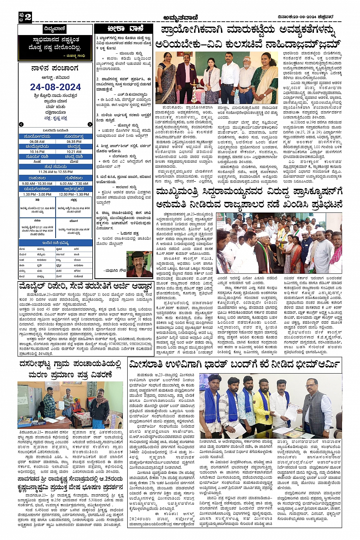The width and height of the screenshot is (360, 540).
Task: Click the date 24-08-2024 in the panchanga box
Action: [x=55, y=87]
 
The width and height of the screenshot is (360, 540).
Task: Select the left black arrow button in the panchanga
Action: [x=21, y=125]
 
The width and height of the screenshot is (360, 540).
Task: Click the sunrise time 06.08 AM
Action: [x=37, y=141]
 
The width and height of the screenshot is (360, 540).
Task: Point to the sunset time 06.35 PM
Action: [x=74, y=141]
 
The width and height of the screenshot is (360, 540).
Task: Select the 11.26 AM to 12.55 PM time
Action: [x=55, y=172]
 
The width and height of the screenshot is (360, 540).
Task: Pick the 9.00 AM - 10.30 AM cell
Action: [x=37, y=184]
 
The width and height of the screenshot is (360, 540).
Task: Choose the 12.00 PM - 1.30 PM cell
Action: [x=74, y=194]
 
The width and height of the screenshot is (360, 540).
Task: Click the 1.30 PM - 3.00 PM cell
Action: [x=37, y=194]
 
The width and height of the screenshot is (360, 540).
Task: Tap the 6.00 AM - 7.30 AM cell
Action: [x=74, y=184]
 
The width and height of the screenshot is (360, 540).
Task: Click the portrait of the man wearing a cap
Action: [x=139, y=264]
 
